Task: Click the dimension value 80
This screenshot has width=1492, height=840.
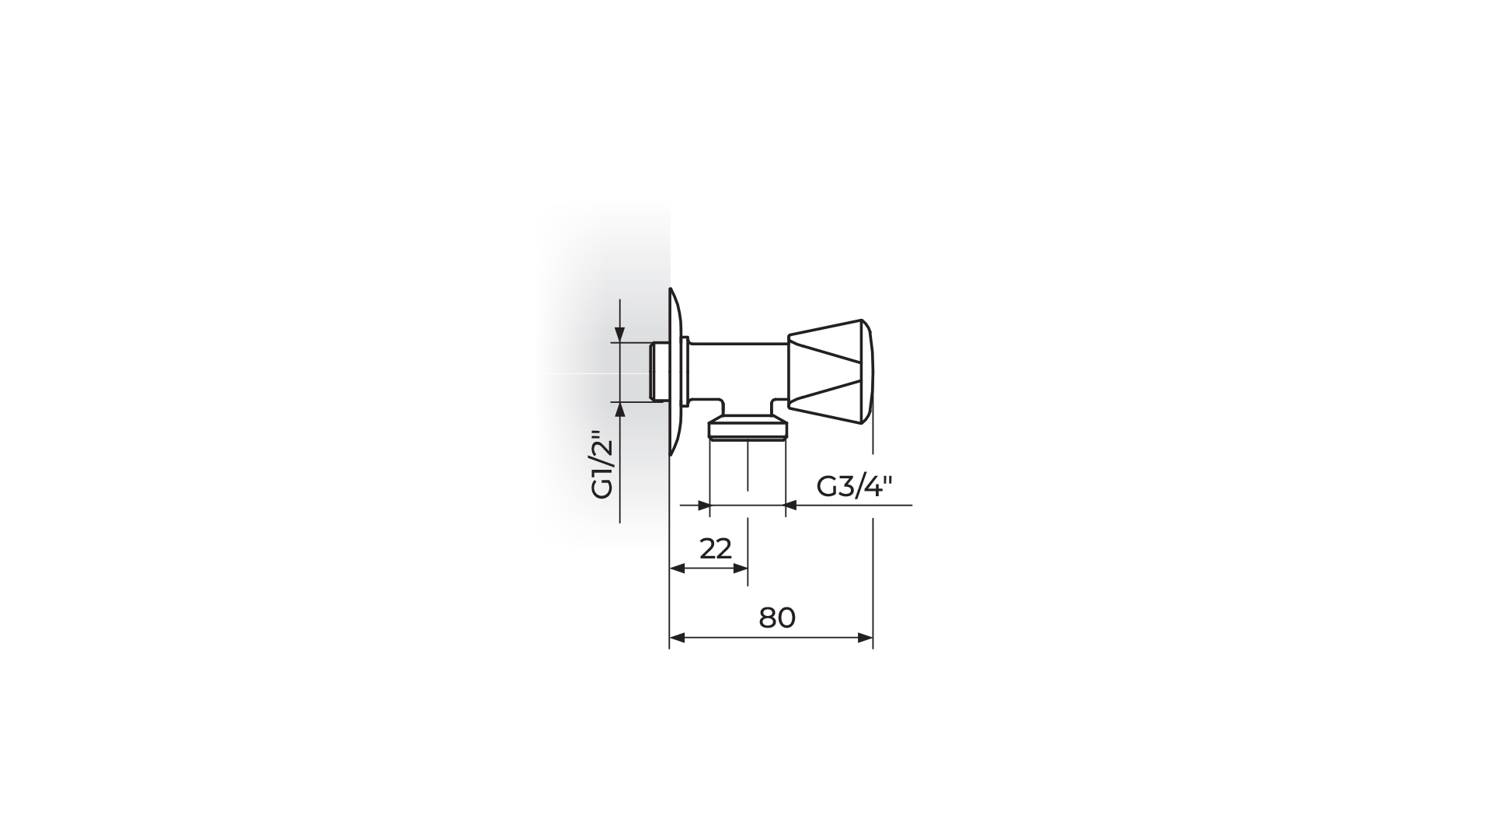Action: click(777, 618)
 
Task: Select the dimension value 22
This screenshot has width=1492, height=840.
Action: click(716, 549)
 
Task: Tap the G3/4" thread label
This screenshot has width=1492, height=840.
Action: click(854, 487)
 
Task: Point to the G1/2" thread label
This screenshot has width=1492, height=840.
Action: click(603, 464)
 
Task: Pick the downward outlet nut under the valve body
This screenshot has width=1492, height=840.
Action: click(748, 429)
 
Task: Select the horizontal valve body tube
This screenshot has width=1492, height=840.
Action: click(737, 373)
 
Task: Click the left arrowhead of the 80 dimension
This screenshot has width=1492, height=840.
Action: click(676, 638)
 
